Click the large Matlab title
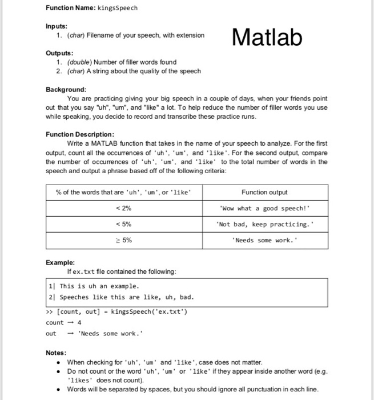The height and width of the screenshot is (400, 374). [x=267, y=37]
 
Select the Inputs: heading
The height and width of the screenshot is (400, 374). [x=57, y=26]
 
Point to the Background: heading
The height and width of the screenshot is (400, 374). [x=66, y=90]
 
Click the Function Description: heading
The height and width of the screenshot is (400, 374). [x=81, y=134]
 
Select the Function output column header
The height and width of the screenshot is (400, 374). [x=264, y=193]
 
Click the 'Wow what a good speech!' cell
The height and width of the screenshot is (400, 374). [x=264, y=209]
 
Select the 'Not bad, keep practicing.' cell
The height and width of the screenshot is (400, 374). [x=264, y=224]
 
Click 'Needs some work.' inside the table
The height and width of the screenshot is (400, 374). [x=264, y=240]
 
